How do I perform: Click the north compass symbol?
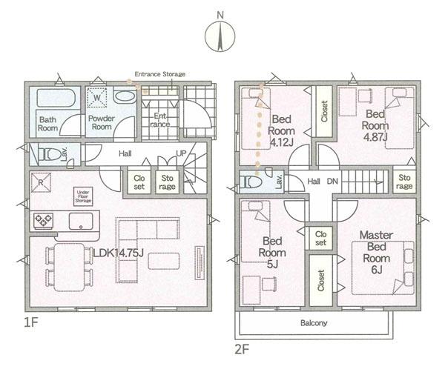(220, 36)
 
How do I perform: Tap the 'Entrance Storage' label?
(159, 74)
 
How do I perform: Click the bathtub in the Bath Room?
(56, 98)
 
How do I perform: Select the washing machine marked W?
(97, 98)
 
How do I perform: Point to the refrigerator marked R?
(41, 182)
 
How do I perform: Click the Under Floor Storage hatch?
(83, 196)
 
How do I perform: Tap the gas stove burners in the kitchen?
(44, 221)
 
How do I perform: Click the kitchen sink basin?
(81, 221)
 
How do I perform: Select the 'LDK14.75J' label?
(119, 253)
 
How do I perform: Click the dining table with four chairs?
(70, 267)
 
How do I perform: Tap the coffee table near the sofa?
(164, 261)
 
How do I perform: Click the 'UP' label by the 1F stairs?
(181, 153)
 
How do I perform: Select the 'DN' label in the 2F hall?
(332, 181)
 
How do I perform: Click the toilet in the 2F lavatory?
(251, 182)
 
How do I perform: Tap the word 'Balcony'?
(314, 323)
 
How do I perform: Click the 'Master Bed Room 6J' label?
(376, 253)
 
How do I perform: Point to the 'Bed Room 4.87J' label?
(375, 125)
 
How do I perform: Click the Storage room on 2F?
(404, 182)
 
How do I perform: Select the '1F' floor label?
(31, 322)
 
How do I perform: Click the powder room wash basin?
(125, 96)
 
